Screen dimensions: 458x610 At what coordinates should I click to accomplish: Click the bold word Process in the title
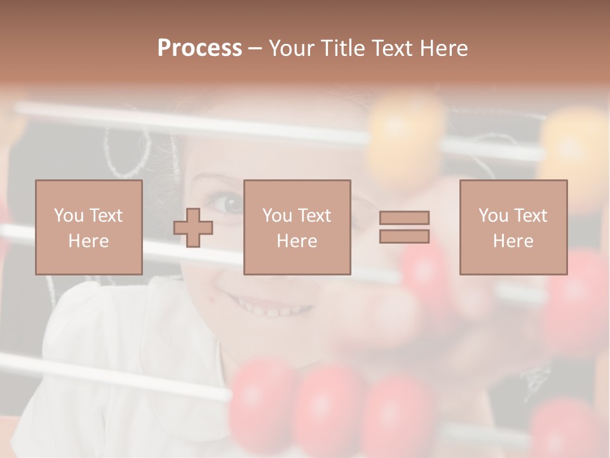[x=200, y=48]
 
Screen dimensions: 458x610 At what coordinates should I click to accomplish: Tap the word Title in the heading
[x=342, y=48]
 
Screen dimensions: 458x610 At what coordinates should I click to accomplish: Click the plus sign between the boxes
[x=193, y=227]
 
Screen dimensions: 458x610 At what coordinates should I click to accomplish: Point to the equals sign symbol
[x=404, y=227]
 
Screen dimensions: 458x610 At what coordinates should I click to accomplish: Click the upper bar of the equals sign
[x=404, y=218]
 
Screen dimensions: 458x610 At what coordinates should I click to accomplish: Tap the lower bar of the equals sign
[x=404, y=237]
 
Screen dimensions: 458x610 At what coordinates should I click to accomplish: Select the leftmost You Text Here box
[x=88, y=227]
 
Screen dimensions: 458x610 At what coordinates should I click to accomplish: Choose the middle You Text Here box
[x=297, y=227]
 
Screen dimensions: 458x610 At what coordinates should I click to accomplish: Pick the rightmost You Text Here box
[x=513, y=227]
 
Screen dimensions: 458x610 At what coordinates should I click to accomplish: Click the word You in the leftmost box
[x=69, y=216]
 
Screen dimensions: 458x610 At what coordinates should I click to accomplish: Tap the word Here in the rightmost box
[x=513, y=241]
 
